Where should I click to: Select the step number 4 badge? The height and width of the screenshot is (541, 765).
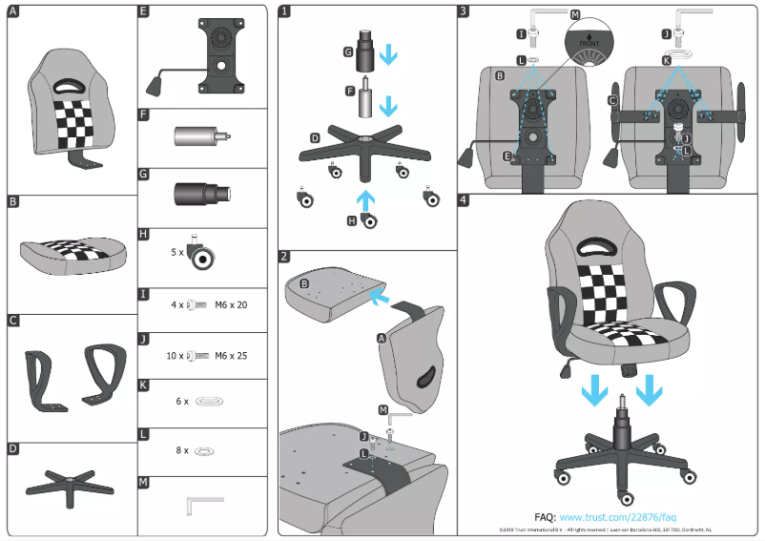[x=464, y=200]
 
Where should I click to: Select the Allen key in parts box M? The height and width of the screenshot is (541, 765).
[x=203, y=501]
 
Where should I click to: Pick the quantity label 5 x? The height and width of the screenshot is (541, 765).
[x=176, y=253]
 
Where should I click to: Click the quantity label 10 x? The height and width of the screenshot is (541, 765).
[x=175, y=355]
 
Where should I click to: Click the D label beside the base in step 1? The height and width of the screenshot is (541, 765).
[x=315, y=138]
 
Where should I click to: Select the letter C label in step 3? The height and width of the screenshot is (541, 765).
[x=611, y=99]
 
